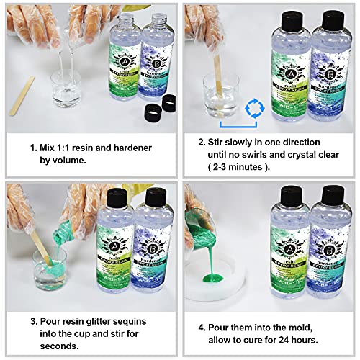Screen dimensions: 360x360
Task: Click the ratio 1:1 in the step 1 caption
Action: [69, 148]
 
